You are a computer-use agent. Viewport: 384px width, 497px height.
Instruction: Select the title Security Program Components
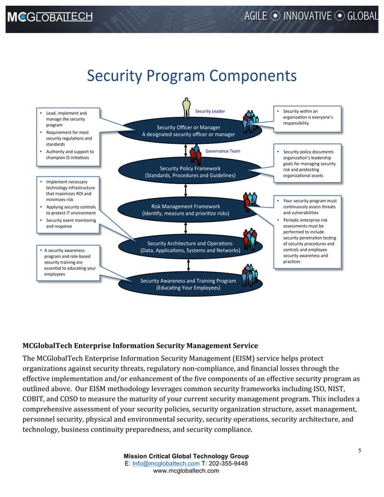coord(192,76)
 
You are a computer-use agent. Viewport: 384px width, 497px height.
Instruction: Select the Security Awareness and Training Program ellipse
coord(188,285)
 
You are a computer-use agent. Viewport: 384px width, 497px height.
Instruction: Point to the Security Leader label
coord(210,111)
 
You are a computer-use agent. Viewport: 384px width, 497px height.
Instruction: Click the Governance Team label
coord(223,151)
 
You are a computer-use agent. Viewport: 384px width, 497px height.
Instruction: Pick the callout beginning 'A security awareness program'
coord(66,262)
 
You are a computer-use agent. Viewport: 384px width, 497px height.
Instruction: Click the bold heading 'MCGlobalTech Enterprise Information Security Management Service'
coord(140,345)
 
